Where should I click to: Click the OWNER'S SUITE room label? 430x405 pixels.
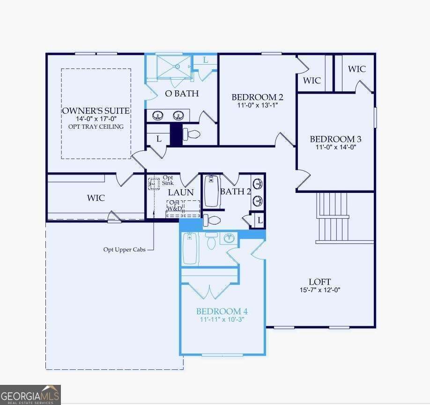(96, 111)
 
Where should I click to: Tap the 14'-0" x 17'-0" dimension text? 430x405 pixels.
(96, 119)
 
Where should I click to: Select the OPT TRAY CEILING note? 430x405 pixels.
(96, 127)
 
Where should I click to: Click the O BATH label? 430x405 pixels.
(182, 94)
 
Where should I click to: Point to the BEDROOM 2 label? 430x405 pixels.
(257, 97)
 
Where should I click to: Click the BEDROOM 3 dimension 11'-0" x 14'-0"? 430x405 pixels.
(336, 147)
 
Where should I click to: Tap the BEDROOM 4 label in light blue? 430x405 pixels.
(222, 311)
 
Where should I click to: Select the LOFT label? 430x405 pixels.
(320, 282)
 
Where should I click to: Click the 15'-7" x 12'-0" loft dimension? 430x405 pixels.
(320, 290)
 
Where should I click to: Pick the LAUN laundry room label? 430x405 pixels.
(181, 192)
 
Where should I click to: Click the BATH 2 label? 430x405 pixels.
(236, 191)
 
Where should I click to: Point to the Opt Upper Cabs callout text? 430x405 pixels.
(125, 250)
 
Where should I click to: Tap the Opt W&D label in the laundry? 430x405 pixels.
(174, 206)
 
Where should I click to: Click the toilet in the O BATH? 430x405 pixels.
(192, 134)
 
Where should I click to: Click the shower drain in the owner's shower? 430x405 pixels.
(177, 66)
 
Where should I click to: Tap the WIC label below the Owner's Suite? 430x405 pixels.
(96, 198)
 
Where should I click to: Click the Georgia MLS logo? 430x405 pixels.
(30, 395)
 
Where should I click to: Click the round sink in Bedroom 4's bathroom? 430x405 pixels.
(229, 238)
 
